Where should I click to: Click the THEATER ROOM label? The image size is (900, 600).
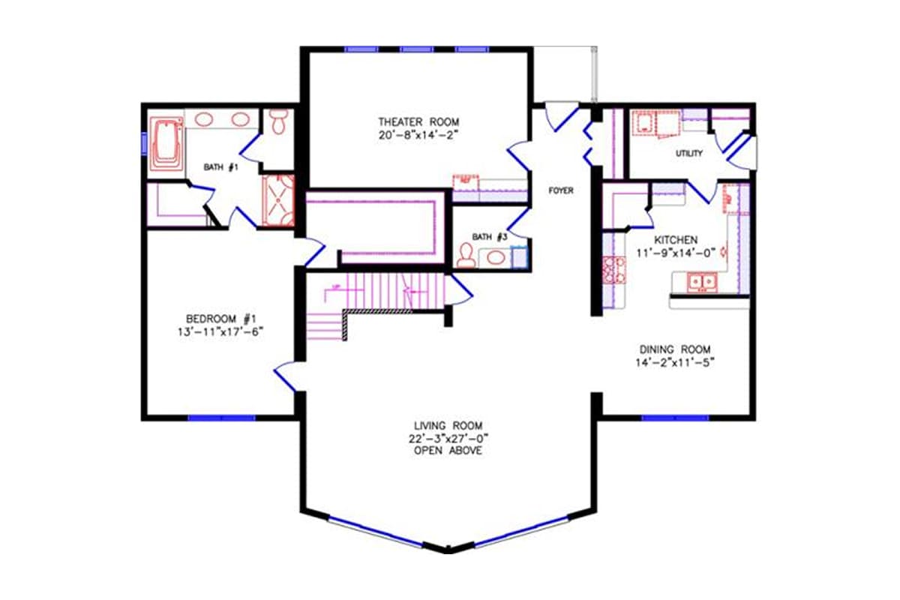(x=418, y=121)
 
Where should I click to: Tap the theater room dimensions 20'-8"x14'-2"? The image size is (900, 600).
(x=418, y=136)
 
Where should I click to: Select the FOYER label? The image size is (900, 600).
(x=560, y=191)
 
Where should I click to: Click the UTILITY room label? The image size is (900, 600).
(x=688, y=154)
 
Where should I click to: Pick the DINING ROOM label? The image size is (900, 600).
(x=675, y=349)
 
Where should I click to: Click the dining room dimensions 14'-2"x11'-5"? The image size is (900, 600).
(x=675, y=363)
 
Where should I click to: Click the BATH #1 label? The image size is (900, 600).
(x=222, y=167)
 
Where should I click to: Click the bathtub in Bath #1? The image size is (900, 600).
(x=166, y=143)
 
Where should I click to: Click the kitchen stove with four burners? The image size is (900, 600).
(x=614, y=269)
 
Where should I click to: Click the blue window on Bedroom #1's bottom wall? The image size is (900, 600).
(x=220, y=418)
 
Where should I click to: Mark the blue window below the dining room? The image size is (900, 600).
(x=674, y=418)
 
